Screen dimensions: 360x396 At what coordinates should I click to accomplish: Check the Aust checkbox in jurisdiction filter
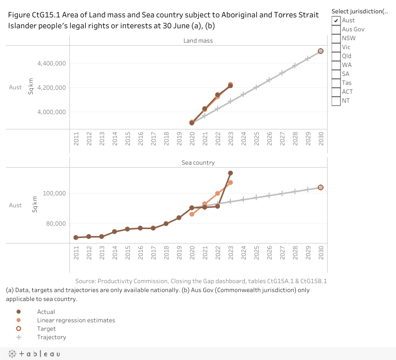point(336,20)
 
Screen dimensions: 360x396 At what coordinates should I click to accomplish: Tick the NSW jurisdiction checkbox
point(336,38)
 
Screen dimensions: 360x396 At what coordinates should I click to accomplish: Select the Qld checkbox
point(336,56)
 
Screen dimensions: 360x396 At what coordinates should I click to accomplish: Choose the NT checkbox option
point(336,101)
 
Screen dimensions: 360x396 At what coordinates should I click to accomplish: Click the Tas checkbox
point(336,83)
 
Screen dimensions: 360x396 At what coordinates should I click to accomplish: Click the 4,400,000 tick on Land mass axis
point(52,63)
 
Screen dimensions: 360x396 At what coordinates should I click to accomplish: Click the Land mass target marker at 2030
point(321,51)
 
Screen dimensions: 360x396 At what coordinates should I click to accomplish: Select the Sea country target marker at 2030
point(321,187)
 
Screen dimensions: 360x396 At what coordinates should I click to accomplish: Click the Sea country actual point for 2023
point(230,173)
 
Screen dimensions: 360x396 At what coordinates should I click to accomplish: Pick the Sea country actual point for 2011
point(76,238)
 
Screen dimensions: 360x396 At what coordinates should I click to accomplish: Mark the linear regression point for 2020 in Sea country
point(192,214)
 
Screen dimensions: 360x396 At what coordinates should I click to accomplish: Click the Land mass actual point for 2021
point(205,109)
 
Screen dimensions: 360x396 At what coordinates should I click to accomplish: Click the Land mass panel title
point(198,41)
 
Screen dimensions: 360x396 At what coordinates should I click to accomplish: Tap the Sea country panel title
point(198,163)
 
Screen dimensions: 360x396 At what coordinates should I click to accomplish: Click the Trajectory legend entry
point(51,337)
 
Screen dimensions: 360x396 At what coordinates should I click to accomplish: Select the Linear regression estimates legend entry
point(76,320)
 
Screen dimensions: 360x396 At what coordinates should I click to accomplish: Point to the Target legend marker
point(19,329)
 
